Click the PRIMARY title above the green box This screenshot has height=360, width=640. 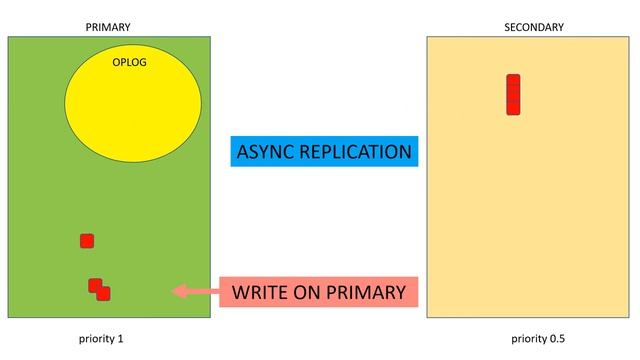click(109, 27)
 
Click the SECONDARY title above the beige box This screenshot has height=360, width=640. click(533, 27)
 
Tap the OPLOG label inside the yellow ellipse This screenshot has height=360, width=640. click(130, 62)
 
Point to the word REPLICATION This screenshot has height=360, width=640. click(357, 152)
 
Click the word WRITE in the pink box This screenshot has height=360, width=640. click(261, 292)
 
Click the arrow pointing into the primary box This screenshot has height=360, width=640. click(195, 291)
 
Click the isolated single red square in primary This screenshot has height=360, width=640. click(87, 240)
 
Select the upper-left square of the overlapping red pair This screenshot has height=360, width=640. click(94, 285)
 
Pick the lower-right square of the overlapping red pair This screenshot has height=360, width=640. click(104, 294)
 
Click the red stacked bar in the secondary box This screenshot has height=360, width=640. click(513, 95)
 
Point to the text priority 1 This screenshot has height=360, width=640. click(101, 339)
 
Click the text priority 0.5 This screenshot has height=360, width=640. click(531, 339)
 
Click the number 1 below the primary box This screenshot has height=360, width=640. click(121, 339)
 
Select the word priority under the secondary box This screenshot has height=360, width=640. click(524, 339)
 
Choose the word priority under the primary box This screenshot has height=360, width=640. click(97, 339)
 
